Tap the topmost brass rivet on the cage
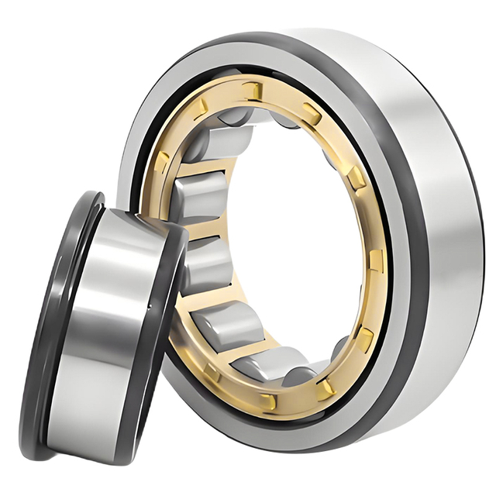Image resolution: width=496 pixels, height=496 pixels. tap(253, 91)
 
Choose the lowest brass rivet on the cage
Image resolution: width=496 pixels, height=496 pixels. tap(268, 401)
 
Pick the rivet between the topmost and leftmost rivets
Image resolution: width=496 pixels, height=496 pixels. tap(199, 108)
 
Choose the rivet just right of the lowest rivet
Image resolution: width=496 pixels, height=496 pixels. tap(326, 384)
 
